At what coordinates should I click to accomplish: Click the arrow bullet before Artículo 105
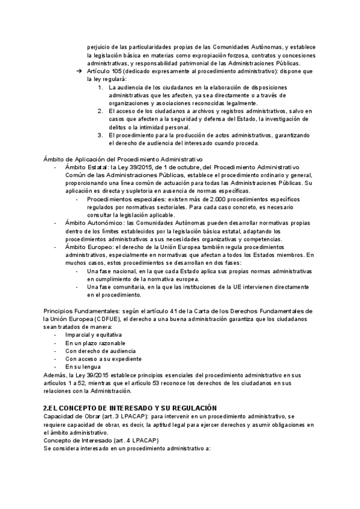(x=79, y=71)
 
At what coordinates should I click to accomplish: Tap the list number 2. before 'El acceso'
(x=101, y=111)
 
